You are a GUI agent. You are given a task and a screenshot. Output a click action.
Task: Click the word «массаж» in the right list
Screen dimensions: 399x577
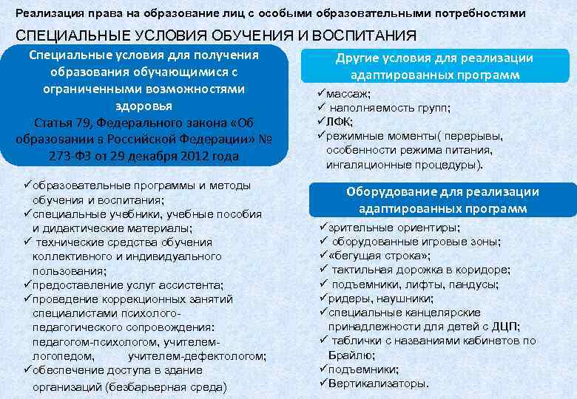click(350, 94)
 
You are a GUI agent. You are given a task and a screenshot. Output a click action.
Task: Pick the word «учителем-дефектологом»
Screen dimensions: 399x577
click(196, 356)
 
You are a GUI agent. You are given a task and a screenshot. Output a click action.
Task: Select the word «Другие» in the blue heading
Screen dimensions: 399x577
click(357, 58)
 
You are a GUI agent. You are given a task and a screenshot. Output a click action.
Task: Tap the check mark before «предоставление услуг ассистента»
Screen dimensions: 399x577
click(27, 285)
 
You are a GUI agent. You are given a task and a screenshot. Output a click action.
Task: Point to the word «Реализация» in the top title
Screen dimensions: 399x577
click(45, 13)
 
